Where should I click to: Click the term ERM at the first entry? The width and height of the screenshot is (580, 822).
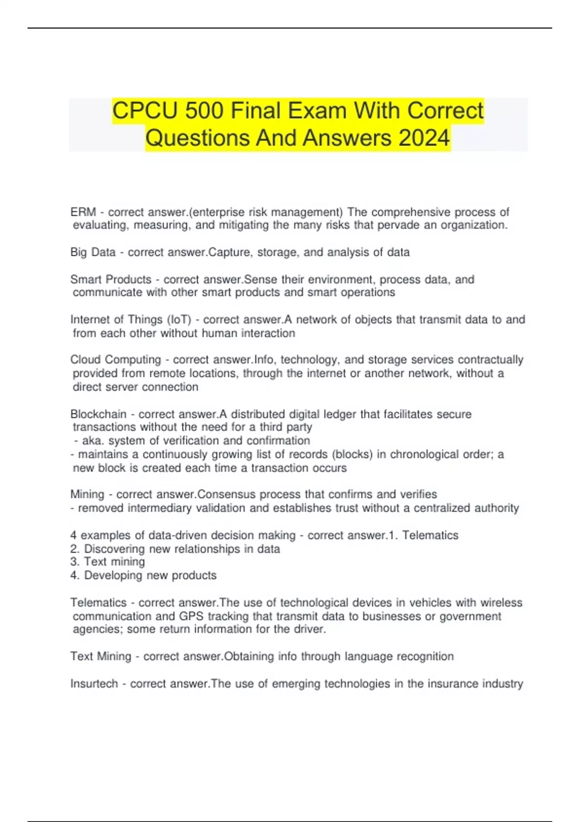point(83,212)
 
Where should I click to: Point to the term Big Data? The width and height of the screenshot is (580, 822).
point(93,252)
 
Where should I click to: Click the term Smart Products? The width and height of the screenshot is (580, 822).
point(111,279)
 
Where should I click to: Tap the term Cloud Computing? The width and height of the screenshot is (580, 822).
point(116,360)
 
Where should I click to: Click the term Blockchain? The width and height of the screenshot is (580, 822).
point(98,414)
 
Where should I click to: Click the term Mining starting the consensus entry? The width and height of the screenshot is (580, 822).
point(87,494)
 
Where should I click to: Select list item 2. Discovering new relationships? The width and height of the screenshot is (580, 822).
point(175,549)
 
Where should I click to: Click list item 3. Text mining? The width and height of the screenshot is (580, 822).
point(107,562)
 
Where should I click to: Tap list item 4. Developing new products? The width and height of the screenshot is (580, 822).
point(143,575)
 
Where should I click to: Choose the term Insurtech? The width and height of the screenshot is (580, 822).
point(94,684)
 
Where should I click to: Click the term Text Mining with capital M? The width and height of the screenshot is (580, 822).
point(101,657)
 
